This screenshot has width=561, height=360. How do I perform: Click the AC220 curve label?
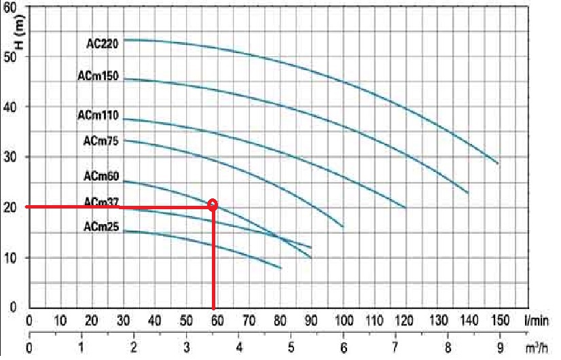pyautogui.click(x=103, y=43)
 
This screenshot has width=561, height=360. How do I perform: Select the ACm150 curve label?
pyautogui.click(x=98, y=77)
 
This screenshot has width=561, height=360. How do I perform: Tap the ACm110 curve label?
pyautogui.click(x=98, y=115)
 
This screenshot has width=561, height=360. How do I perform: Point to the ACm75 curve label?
pyautogui.click(x=101, y=141)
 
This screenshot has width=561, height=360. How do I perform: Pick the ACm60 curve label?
pyautogui.click(x=101, y=177)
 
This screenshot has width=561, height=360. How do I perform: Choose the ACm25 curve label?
pyautogui.click(x=101, y=228)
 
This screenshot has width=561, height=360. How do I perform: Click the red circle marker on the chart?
pyautogui.click(x=213, y=204)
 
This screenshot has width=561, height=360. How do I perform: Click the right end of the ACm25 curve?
pyautogui.click(x=280, y=268)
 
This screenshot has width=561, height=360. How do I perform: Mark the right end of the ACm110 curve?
pyautogui.click(x=405, y=207)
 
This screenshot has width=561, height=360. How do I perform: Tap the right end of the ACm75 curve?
pyautogui.click(x=343, y=226)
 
